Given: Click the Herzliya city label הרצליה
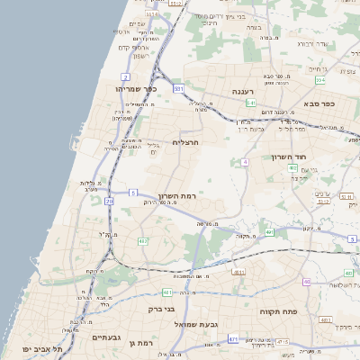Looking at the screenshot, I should [x=184, y=142].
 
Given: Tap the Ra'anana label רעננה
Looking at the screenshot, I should [x=244, y=92].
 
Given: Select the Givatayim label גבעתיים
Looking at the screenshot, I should [x=107, y=337].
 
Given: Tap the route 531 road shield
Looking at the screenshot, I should [x=179, y=89].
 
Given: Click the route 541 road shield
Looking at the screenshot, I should [x=251, y=103].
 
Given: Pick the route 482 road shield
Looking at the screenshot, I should [x=143, y=241].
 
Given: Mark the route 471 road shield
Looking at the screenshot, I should [x=233, y=339].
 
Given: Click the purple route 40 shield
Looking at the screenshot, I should [x=306, y=282].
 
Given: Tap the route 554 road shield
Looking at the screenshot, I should [x=320, y=80].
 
